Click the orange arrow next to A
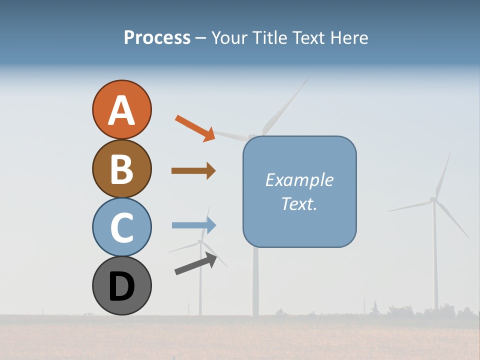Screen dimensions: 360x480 click(x=195, y=127)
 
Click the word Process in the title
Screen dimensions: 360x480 click(x=157, y=38)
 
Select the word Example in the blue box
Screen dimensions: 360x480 click(x=299, y=180)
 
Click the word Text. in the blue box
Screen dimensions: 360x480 click(x=299, y=204)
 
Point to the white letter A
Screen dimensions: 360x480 click(x=121, y=110)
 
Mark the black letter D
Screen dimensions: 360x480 click(x=121, y=286)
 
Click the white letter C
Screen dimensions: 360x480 click(x=121, y=227)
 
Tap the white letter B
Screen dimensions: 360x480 click(x=121, y=169)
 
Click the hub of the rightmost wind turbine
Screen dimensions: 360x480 click(x=433, y=199)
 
